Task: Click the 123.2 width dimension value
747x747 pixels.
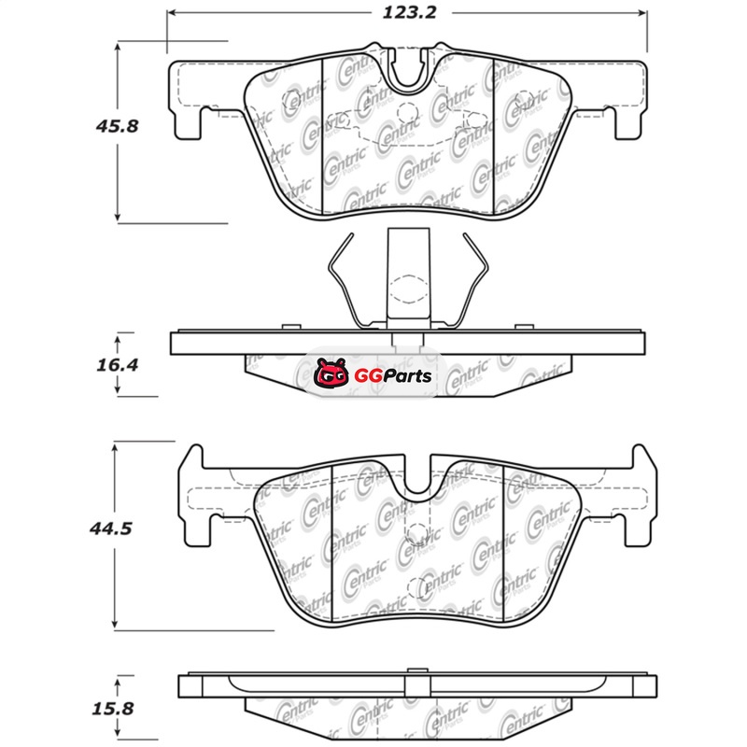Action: [409, 12]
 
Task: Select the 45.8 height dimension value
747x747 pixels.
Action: [118, 126]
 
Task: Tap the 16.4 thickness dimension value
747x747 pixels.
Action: [118, 365]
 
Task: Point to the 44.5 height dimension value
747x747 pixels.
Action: [110, 529]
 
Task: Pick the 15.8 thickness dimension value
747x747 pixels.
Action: [113, 709]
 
